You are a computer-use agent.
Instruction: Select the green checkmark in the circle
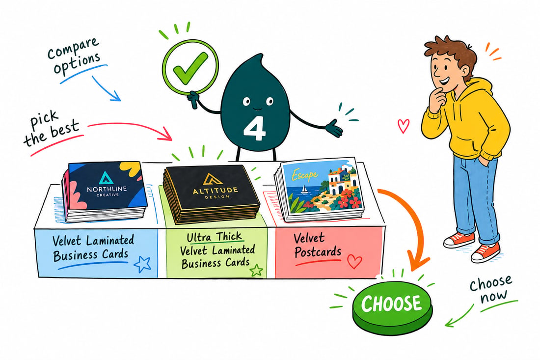point(190,67)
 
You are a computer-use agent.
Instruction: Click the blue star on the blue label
point(142,264)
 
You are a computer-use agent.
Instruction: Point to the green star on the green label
point(256,271)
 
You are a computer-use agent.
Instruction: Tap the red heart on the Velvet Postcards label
point(354,261)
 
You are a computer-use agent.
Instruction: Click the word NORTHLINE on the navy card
point(107,189)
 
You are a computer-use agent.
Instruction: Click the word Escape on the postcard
point(304,175)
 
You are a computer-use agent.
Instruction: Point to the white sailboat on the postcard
point(304,189)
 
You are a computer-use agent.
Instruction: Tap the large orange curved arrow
point(411,224)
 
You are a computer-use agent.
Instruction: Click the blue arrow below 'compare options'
point(106,88)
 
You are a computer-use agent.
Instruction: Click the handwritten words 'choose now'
point(490,289)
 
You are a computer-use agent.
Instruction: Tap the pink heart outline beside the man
point(404,126)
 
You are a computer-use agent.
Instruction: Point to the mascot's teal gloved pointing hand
point(333,128)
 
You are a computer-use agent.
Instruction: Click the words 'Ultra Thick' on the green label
point(214,237)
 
